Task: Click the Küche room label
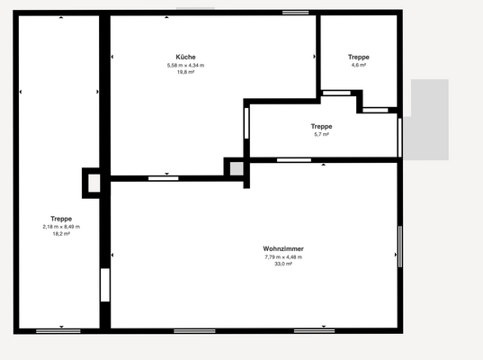tap(186, 57)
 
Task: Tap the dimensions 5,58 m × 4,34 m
tap(185, 65)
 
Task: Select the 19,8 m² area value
tap(185, 72)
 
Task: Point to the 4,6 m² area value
tap(358, 65)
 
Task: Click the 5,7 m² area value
tap(321, 134)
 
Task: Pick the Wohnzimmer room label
tap(282, 249)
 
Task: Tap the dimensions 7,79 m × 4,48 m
tap(282, 257)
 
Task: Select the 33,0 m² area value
tap(282, 265)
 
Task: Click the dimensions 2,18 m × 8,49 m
tap(61, 227)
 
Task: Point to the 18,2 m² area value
tap(61, 234)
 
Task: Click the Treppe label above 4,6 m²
tap(358, 57)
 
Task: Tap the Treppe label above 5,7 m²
tap(321, 126)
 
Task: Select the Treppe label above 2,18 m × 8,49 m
tap(61, 219)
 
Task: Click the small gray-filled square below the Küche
tap(236, 167)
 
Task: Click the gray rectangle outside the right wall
tap(430, 120)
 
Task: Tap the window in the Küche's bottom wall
tap(164, 177)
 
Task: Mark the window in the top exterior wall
tap(294, 12)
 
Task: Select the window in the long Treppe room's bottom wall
tap(58, 331)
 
